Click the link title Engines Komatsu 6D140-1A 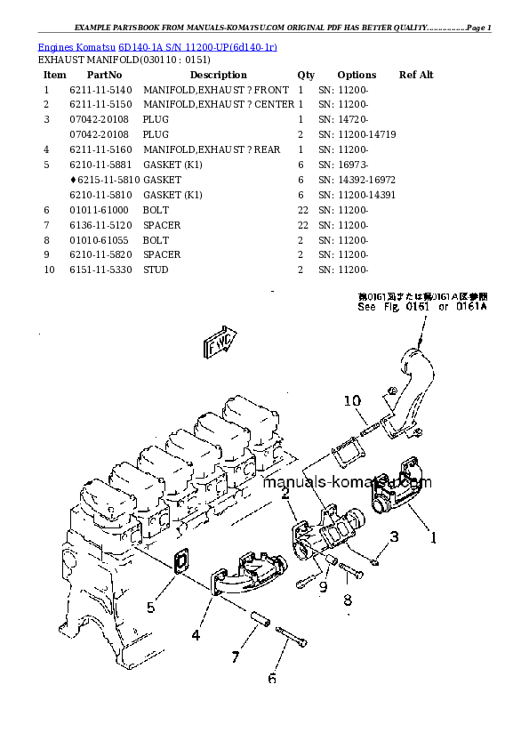click(156, 46)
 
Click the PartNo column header click(103, 75)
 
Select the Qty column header click(306, 75)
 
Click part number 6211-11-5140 click(100, 90)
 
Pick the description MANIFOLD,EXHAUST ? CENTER click(218, 105)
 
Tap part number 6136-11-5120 click(100, 225)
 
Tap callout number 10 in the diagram click(352, 400)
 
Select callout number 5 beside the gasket click(151, 608)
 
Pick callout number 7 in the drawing click(236, 657)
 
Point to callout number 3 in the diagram click(395, 536)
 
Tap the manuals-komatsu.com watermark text click(347, 483)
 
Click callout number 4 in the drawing click(195, 635)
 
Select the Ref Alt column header click(416, 75)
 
